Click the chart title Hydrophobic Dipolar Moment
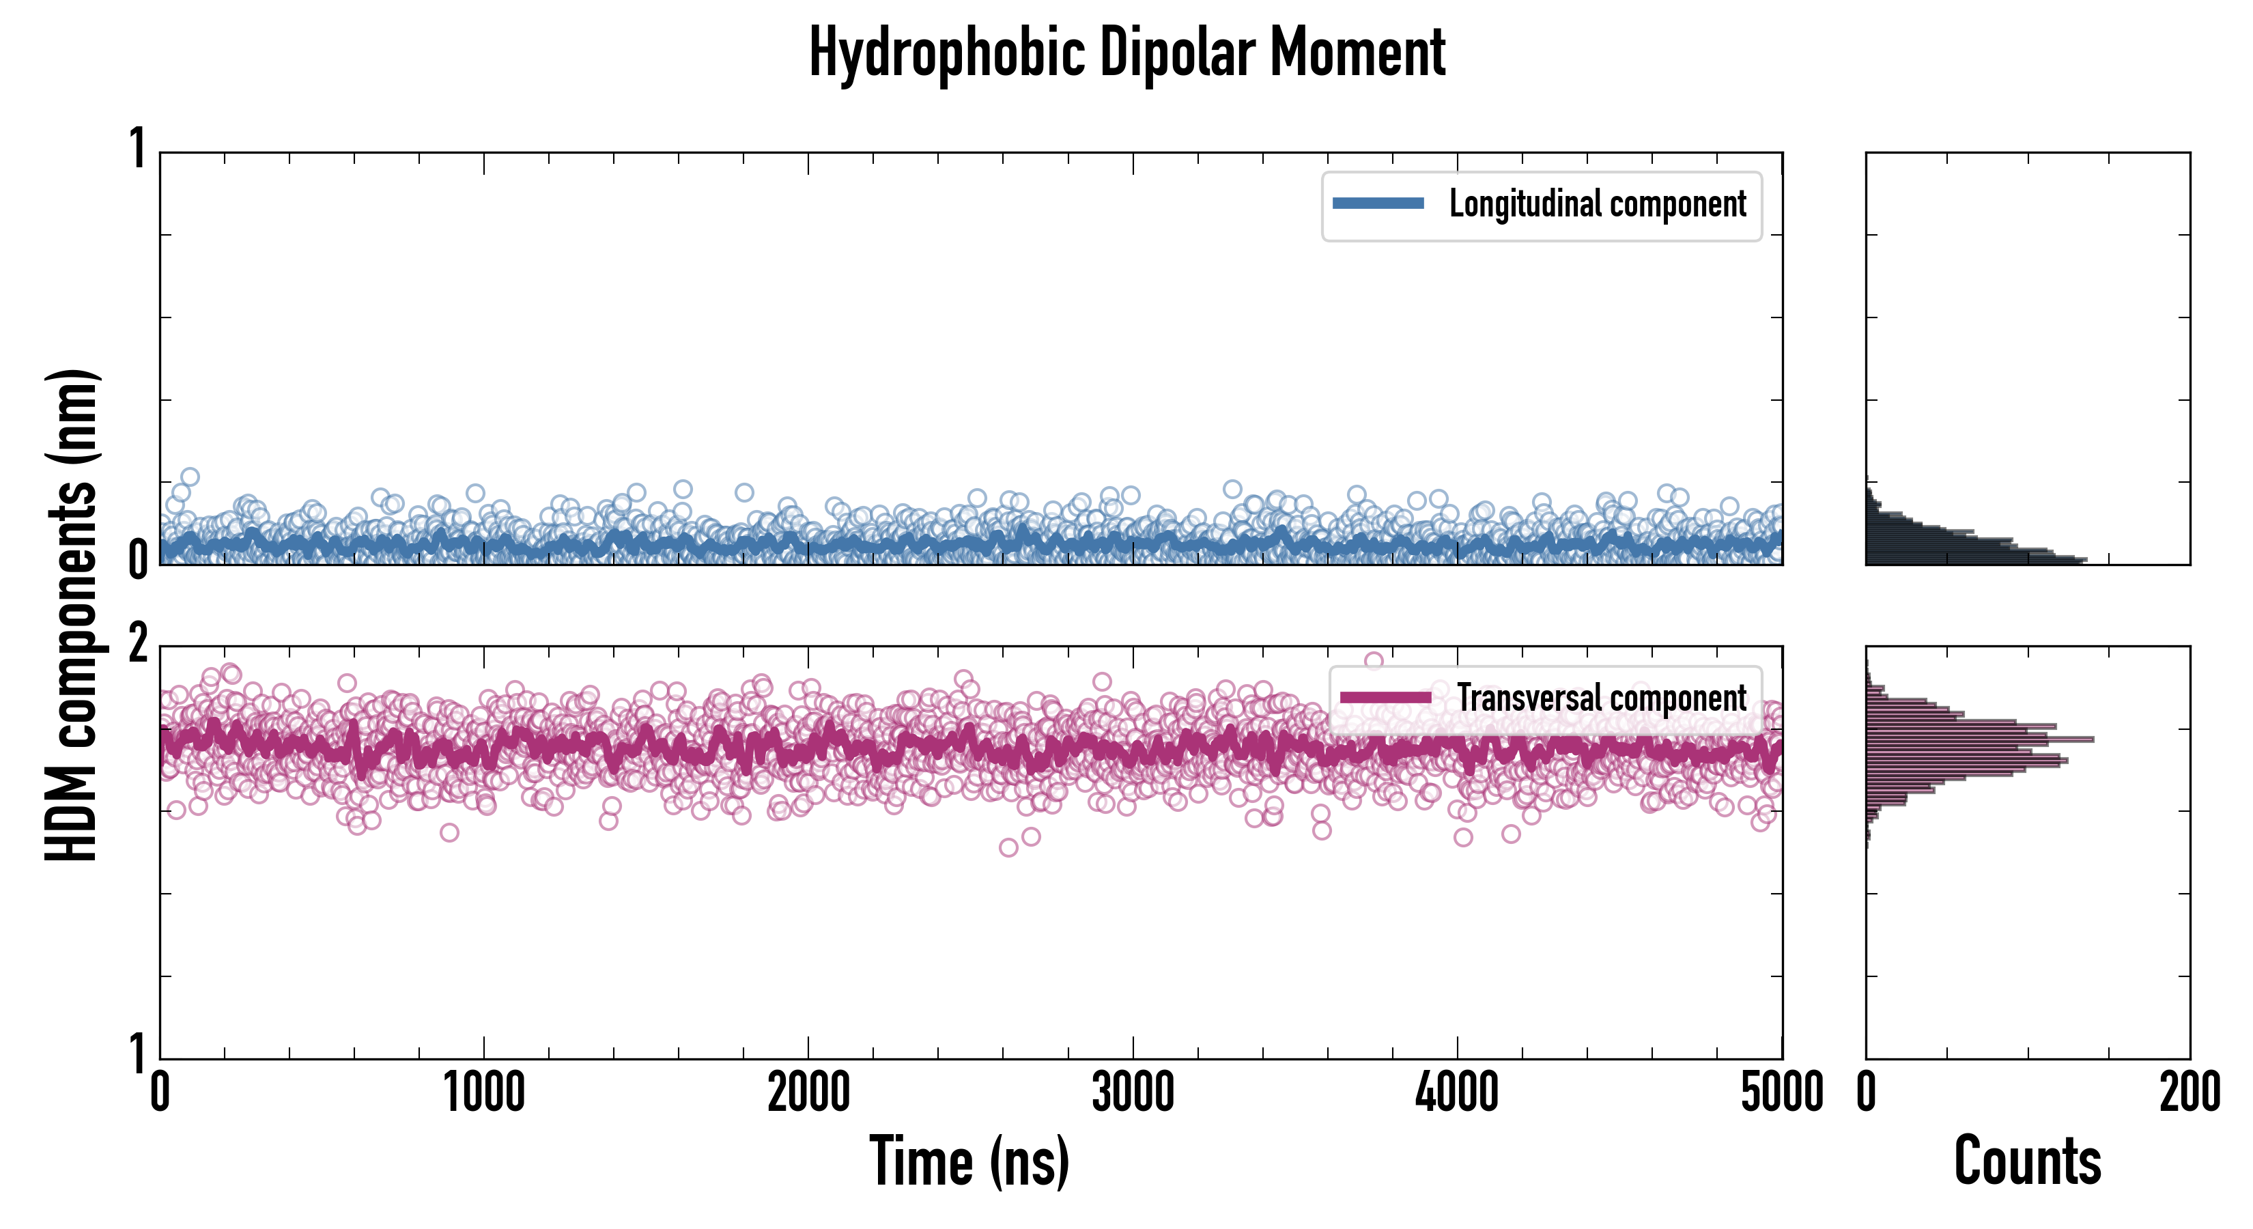pos(1126,53)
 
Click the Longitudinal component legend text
pos(1597,204)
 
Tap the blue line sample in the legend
pos(1378,204)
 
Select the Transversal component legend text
pos(1602,698)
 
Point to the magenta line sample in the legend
pos(1385,698)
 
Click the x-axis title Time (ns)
pos(969,1161)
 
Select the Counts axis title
pos(2027,1161)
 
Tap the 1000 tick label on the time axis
pos(483,1092)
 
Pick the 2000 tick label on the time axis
pos(808,1092)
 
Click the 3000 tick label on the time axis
pos(1133,1092)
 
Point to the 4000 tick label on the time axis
pos(1457,1092)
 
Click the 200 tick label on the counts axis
pos(2189,1092)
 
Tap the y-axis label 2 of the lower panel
pos(137,645)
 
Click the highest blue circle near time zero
pos(190,477)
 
